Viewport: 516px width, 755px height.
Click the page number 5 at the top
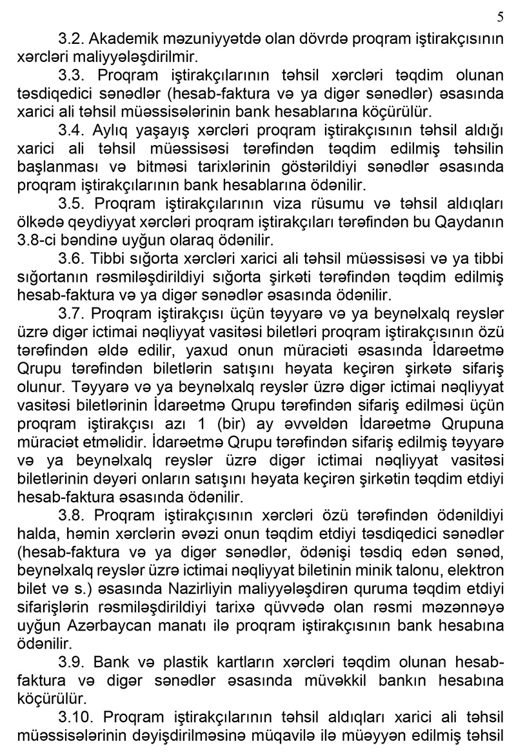501,16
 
